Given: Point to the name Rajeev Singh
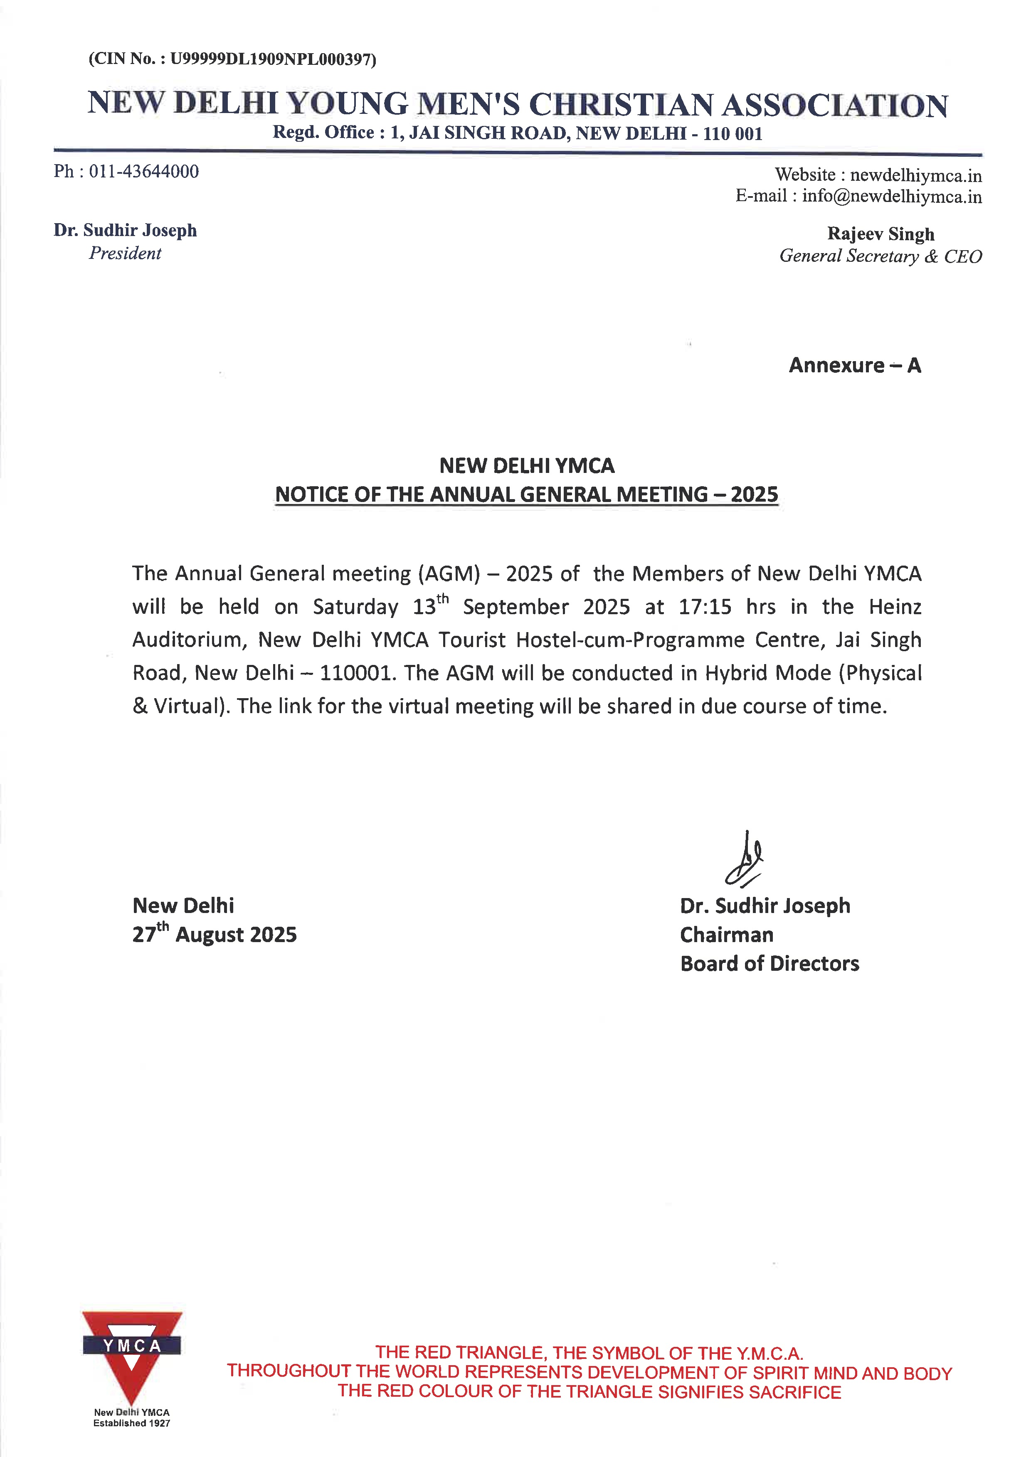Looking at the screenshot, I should (880, 234).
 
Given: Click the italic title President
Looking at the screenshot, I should (125, 253).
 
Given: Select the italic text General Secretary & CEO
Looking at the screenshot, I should (880, 256).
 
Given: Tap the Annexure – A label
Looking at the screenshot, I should (854, 366).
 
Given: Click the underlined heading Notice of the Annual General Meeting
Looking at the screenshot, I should (526, 495).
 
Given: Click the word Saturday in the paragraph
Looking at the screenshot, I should (355, 607).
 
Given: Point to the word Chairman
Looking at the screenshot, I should (726, 935).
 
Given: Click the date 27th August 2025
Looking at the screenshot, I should (215, 934).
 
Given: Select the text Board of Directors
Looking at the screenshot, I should (770, 964).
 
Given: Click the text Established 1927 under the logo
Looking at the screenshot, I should (132, 1423).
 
